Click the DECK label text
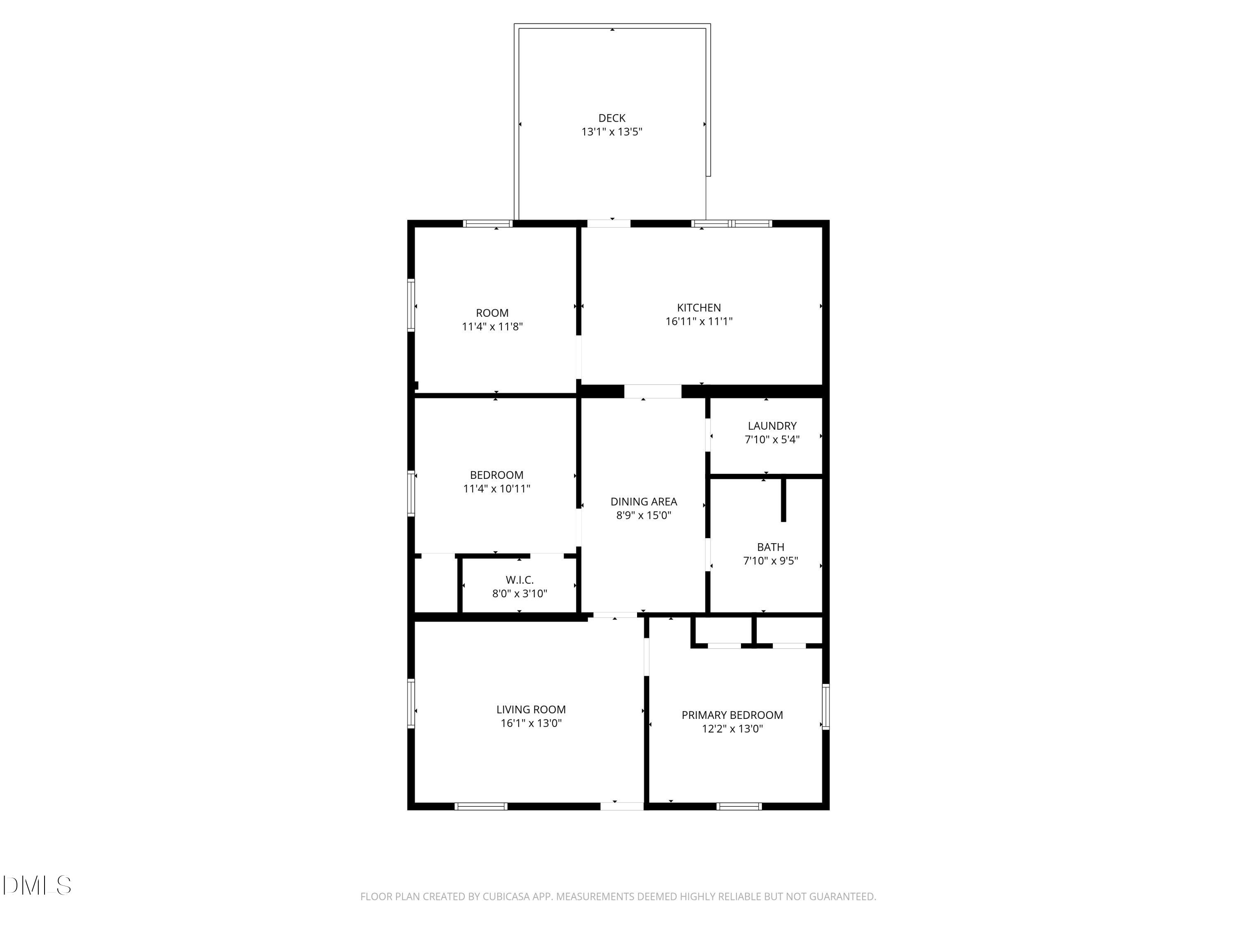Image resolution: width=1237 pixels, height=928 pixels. pyautogui.click(x=612, y=118)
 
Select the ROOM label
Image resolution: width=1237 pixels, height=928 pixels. pyautogui.click(x=492, y=313)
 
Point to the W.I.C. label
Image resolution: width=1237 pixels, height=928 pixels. pyautogui.click(x=520, y=580)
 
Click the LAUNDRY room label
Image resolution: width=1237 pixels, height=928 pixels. pyautogui.click(x=772, y=426)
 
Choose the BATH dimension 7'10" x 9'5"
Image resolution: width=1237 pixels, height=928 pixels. pyautogui.click(x=770, y=561)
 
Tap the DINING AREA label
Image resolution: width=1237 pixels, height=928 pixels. pyautogui.click(x=644, y=502)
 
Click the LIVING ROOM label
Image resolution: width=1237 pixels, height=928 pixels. pyautogui.click(x=531, y=710)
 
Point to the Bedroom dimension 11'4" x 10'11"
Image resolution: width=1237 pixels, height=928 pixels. pyautogui.click(x=496, y=489)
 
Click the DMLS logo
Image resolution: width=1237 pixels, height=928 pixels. pyautogui.click(x=37, y=886)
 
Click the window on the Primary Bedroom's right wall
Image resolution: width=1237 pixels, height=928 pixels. pyautogui.click(x=825, y=707)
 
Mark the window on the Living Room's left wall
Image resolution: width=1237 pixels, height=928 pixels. pyautogui.click(x=411, y=703)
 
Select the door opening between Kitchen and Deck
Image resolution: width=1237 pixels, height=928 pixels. pyautogui.click(x=609, y=224)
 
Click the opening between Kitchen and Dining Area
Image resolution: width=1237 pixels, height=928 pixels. pyautogui.click(x=653, y=391)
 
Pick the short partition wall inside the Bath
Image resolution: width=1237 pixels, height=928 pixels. pyautogui.click(x=783, y=499)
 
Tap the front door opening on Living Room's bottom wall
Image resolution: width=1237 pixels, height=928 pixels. pyautogui.click(x=622, y=806)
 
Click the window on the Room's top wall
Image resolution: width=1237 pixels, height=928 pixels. pyautogui.click(x=488, y=224)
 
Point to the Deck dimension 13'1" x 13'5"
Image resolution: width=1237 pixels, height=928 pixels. pyautogui.click(x=612, y=132)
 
